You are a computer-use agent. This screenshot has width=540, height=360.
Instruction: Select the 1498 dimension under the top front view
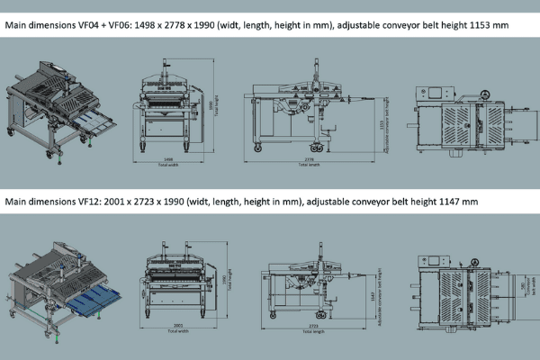point(168,159)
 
